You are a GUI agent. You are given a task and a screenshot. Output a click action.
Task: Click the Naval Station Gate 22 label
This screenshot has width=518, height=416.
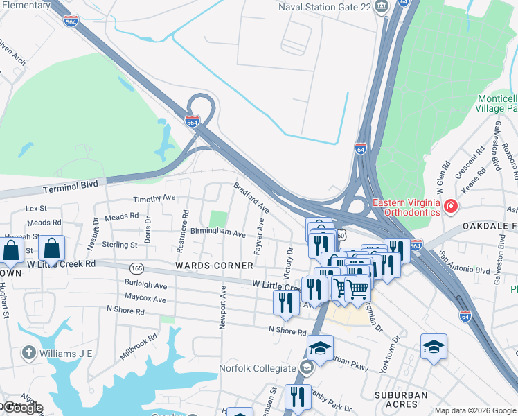click(324, 7)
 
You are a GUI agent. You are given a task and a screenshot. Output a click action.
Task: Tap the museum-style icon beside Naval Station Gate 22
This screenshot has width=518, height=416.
click(381, 7)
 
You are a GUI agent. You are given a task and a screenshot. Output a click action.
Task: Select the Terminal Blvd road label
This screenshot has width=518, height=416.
click(67, 188)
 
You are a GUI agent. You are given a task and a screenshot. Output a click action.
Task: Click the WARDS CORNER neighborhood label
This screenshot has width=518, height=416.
click(214, 266)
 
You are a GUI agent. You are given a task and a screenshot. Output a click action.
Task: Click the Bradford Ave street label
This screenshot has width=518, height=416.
click(251, 197)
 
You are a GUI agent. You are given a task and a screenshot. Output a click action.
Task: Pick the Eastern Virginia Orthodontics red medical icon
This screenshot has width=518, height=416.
click(449, 207)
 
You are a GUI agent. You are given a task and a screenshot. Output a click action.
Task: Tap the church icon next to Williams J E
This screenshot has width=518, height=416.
click(28, 354)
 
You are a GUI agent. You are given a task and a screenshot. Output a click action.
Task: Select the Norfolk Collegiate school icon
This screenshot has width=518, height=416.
click(305, 367)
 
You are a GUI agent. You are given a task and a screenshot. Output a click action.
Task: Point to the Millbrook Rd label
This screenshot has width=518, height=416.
click(139, 345)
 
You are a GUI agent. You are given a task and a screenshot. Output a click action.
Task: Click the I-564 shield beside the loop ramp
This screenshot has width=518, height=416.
click(193, 121)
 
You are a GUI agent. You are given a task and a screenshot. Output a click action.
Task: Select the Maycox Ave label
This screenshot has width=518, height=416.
click(145, 300)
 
